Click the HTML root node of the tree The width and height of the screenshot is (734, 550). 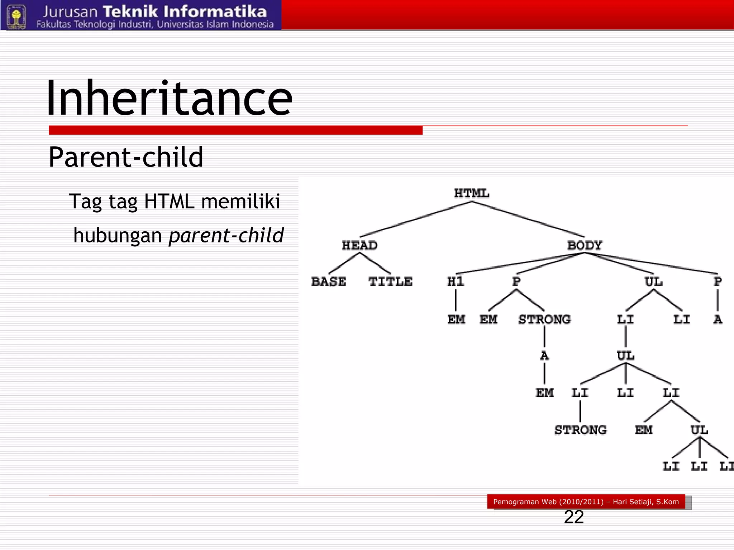pyautogui.click(x=471, y=193)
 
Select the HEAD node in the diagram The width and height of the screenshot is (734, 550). pyautogui.click(x=359, y=245)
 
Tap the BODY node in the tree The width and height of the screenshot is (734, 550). pyautogui.click(x=585, y=245)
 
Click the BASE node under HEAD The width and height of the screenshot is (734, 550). pyautogui.click(x=329, y=281)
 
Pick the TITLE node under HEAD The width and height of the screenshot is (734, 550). pyautogui.click(x=390, y=281)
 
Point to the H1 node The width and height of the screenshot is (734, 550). pyautogui.click(x=456, y=281)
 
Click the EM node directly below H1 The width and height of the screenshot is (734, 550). pyautogui.click(x=456, y=319)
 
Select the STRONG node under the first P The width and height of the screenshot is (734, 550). pyautogui.click(x=544, y=319)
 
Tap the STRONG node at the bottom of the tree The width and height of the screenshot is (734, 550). pyautogui.click(x=580, y=430)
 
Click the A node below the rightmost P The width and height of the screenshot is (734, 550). pyautogui.click(x=718, y=319)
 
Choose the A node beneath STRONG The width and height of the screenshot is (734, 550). pyautogui.click(x=544, y=356)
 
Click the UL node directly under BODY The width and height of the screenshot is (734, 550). pyautogui.click(x=653, y=281)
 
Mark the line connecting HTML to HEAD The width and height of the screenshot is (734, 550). pyautogui.click(x=416, y=219)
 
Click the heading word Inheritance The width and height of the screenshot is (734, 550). pyautogui.click(x=169, y=98)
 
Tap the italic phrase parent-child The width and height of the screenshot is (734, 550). pyautogui.click(x=226, y=235)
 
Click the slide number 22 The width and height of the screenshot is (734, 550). pyautogui.click(x=573, y=517)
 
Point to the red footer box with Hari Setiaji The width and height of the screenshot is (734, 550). pyautogui.click(x=586, y=501)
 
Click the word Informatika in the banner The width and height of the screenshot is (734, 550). pyautogui.click(x=215, y=12)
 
